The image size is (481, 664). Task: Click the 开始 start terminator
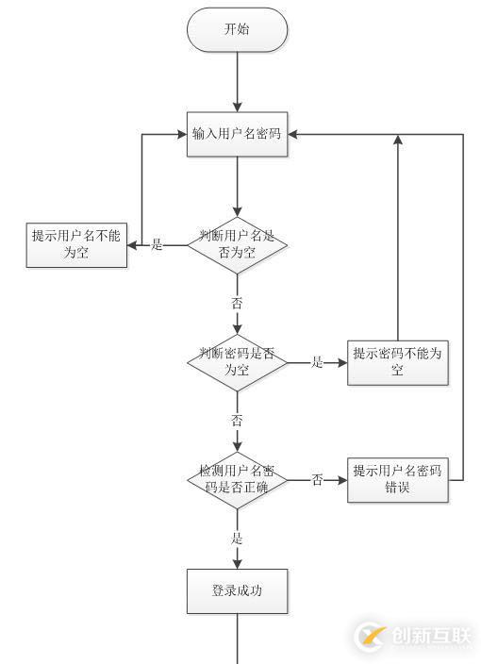point(237,29)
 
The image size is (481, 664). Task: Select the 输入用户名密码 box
point(237,134)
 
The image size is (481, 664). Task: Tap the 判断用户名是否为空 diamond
point(237,245)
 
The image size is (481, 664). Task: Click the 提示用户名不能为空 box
point(76,245)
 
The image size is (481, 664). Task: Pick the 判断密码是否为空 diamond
point(237,362)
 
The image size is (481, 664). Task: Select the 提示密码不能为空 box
point(398,362)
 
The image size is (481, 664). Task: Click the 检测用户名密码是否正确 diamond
point(237,480)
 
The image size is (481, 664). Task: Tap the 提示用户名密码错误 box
point(398,480)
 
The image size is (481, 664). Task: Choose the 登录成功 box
point(237,591)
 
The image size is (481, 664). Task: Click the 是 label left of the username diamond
point(157,244)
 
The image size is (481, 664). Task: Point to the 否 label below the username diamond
point(237,303)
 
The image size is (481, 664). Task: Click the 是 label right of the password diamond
point(317,362)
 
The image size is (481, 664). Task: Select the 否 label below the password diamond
point(237,421)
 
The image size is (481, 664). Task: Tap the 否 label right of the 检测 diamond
point(317,480)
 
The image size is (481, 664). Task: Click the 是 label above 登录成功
point(237,539)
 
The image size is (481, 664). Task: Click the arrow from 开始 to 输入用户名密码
point(237,82)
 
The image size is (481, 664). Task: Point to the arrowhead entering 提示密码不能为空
point(342,362)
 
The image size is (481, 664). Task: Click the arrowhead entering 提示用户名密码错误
point(342,480)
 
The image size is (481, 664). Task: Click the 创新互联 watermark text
point(431,636)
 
